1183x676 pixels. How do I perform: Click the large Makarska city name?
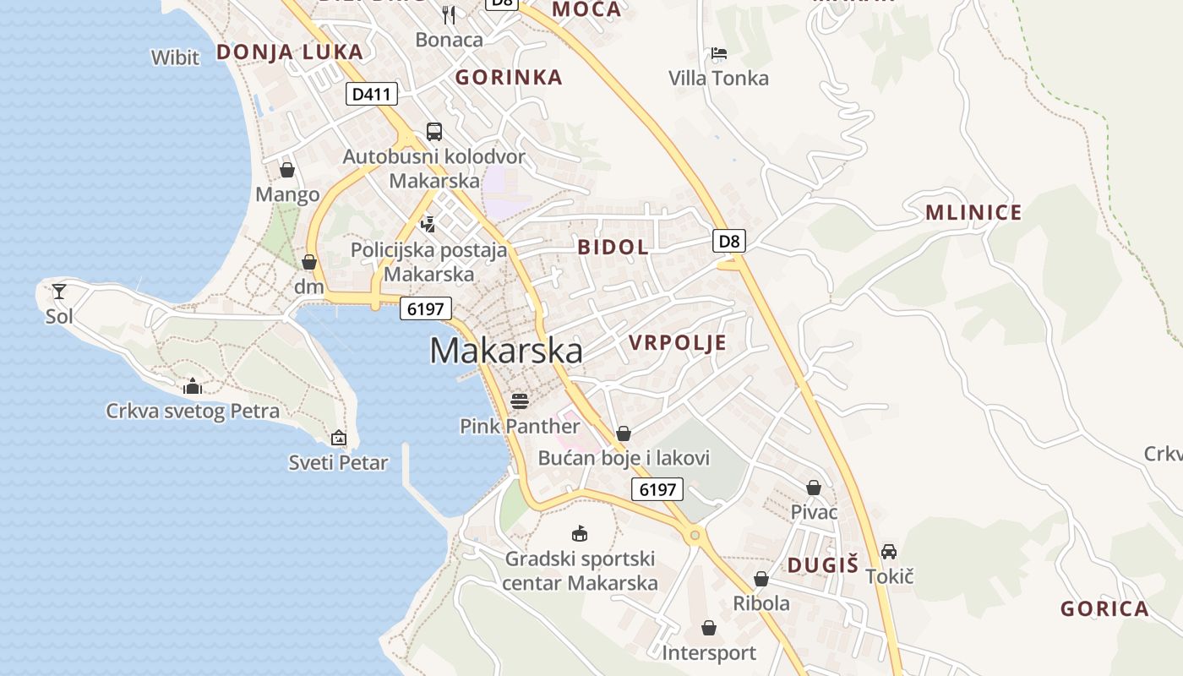point(506,351)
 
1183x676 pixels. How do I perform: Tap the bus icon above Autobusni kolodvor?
point(433,131)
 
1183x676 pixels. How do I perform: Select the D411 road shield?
point(371,94)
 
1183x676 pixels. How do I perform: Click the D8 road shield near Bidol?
point(729,241)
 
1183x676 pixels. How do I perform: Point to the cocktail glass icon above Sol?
point(59,292)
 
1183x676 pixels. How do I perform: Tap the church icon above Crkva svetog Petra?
point(193,386)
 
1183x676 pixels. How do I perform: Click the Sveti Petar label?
point(338,462)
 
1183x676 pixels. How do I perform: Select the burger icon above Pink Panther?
point(519,400)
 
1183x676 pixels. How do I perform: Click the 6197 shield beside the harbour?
point(425,308)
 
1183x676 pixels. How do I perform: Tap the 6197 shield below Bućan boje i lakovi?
point(657,488)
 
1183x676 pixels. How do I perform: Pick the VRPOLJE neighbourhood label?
point(678,342)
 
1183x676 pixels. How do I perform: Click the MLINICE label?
point(973,212)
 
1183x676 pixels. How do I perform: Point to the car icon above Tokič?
point(889,552)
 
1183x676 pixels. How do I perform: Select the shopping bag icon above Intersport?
point(708,629)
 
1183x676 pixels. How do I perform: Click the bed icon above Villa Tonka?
point(718,53)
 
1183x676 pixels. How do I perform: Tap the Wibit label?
point(175,57)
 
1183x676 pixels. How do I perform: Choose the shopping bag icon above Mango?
point(287,170)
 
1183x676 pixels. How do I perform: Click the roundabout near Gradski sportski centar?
point(695,534)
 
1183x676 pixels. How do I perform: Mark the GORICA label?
point(1104,608)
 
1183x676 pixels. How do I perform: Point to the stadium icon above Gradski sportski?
point(580,534)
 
